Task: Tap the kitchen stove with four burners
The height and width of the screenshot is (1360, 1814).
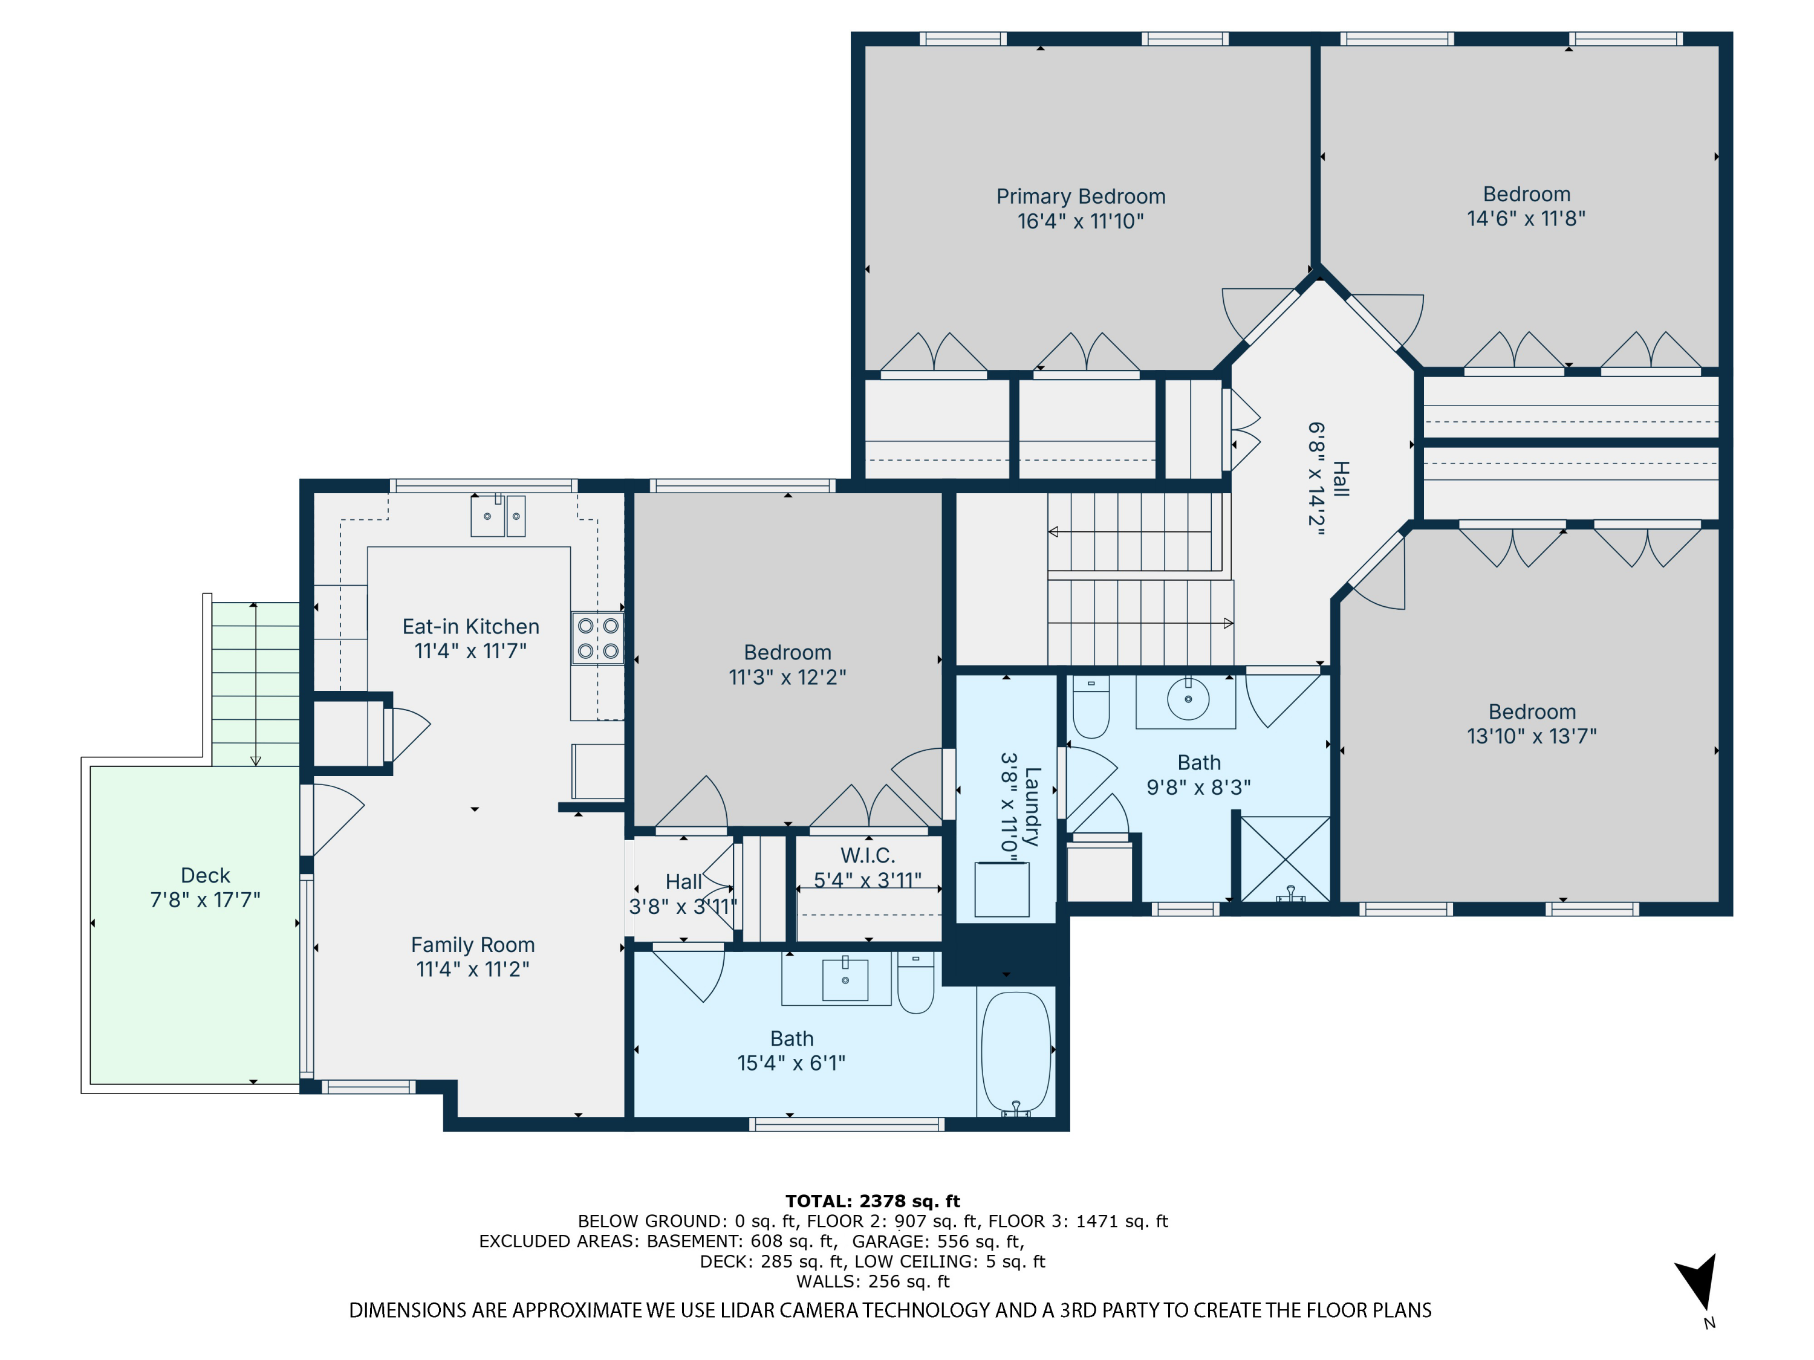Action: coord(598,638)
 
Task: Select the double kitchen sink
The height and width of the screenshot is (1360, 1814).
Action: coord(498,516)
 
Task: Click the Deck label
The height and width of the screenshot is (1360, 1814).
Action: coord(205,875)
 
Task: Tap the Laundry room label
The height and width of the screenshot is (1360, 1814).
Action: coord(1033,807)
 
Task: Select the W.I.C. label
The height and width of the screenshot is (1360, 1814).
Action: coord(868,856)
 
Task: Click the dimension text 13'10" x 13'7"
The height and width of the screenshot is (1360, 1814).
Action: coord(1532,736)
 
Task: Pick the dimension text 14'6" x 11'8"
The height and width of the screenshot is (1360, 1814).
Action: coord(1526,219)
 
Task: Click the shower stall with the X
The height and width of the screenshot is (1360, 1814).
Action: coord(1285,859)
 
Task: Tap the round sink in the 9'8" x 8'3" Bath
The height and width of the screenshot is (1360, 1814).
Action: coord(1188,699)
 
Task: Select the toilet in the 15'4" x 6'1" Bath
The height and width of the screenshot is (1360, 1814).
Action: coord(916,982)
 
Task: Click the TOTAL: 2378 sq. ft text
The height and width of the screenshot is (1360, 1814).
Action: coord(873,1201)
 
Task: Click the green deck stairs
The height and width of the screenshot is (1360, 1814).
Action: coord(256,684)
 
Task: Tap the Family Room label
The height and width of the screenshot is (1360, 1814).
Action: coord(472,945)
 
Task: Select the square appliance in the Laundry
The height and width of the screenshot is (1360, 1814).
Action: coord(1001,890)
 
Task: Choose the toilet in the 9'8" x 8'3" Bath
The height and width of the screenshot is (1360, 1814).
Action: coord(1091,706)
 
